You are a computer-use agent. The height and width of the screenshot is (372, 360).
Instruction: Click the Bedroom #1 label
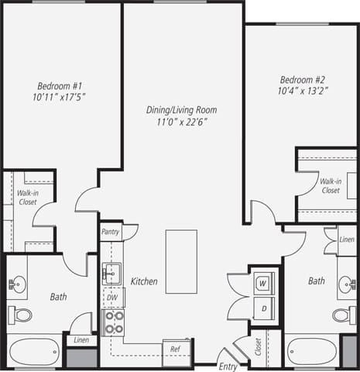tap(58, 86)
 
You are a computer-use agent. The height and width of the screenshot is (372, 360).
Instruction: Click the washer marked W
tap(263, 284)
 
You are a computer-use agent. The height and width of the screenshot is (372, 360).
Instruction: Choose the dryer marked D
tap(263, 308)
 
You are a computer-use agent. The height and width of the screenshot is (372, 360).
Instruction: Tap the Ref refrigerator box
tap(176, 350)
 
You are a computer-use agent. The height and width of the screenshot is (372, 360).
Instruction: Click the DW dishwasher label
tap(112, 297)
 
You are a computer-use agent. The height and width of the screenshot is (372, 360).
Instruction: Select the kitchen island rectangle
tap(181, 261)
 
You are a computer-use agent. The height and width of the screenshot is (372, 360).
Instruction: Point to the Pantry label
tap(111, 232)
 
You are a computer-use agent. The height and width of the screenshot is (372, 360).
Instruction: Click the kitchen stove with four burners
tap(114, 322)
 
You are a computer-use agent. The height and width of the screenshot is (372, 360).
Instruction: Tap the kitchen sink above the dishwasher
tap(112, 273)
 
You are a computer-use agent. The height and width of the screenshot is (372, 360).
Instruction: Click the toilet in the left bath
tap(21, 315)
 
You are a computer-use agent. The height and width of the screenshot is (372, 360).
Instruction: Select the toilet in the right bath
tap(344, 315)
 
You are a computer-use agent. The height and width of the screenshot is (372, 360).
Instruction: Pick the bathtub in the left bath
tap(35, 351)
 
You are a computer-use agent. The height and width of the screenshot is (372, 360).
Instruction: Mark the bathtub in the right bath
tap(311, 351)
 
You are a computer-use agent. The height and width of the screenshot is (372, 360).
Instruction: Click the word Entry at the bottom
tap(228, 367)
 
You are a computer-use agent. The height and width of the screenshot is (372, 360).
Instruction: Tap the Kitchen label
tap(144, 281)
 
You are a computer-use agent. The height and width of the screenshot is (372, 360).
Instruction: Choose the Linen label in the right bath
tap(346, 239)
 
